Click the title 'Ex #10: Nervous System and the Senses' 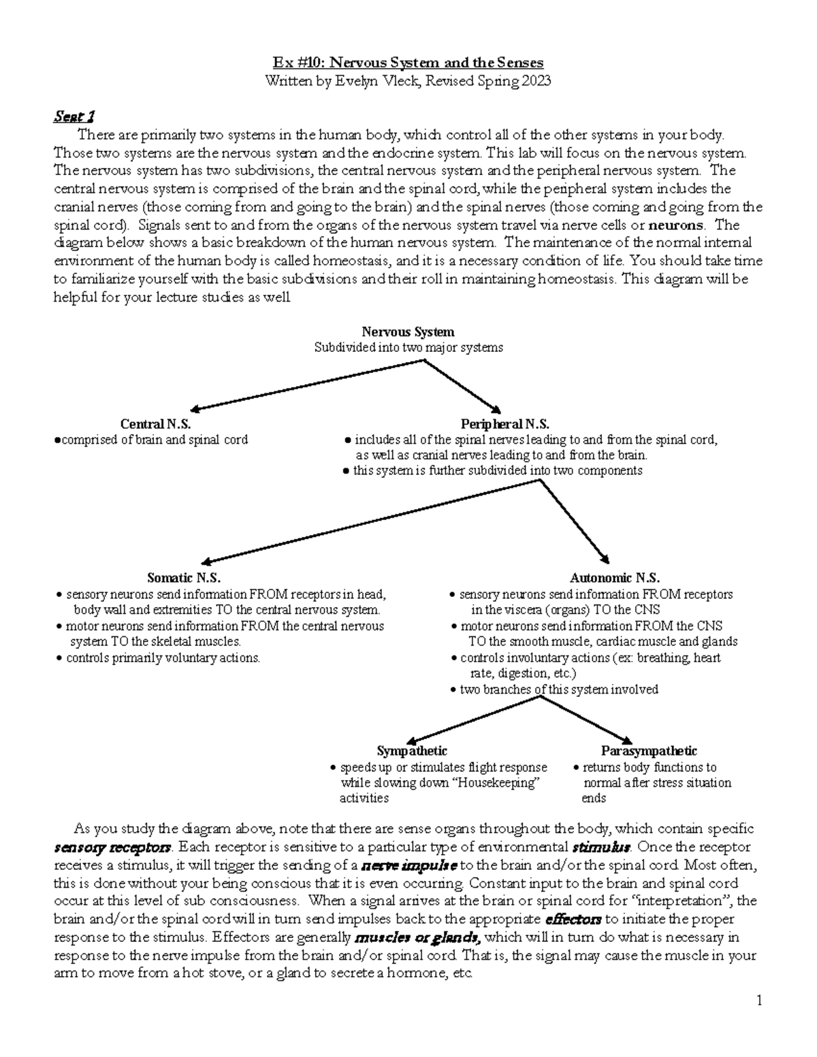408,63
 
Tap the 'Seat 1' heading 74,116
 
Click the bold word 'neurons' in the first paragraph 676,225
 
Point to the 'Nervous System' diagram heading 408,331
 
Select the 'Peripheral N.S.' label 504,424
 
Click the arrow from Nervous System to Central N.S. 306,385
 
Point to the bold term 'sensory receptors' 113,848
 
